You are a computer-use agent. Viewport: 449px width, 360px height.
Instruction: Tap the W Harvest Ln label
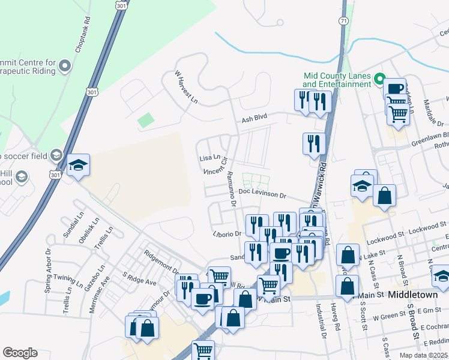click(186, 87)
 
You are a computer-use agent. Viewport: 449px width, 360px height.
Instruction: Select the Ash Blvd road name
click(254, 119)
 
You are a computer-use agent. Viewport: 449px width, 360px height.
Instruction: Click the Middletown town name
click(415, 295)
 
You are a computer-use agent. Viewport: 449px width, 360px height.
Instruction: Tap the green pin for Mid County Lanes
click(379, 79)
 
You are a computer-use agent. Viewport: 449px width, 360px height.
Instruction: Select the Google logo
click(20, 353)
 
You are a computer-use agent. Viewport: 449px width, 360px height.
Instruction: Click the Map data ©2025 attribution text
click(423, 355)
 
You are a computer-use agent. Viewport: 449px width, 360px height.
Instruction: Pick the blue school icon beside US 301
click(78, 167)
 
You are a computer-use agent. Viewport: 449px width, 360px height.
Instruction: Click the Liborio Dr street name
click(226, 233)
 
